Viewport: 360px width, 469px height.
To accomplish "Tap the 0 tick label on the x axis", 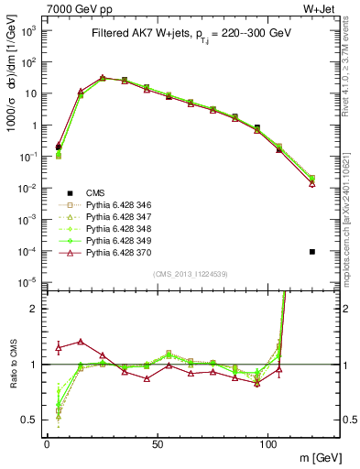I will (47, 442).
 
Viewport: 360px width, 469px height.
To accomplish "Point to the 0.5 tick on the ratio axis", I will (32, 420).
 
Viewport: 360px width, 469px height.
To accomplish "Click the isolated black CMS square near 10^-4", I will (312, 251).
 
